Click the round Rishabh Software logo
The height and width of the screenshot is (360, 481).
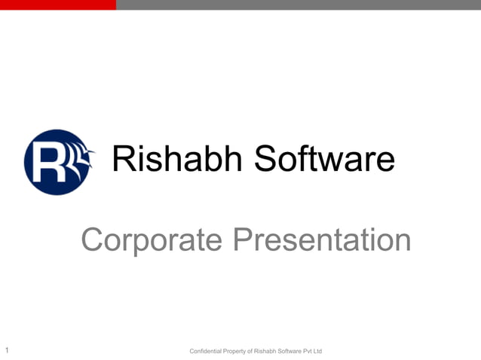click(59, 162)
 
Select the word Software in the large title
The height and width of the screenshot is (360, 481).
click(323, 159)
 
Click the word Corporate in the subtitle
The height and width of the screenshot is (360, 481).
click(151, 240)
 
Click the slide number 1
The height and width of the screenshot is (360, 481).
click(6, 350)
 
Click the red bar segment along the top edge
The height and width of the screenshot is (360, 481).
click(57, 5)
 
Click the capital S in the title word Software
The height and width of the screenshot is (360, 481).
click(265, 159)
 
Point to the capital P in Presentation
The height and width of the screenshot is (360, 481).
click(240, 240)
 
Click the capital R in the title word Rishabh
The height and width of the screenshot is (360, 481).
click(124, 159)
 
